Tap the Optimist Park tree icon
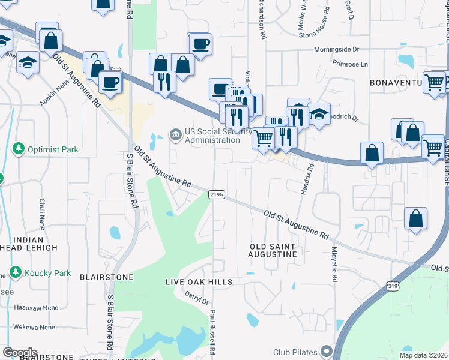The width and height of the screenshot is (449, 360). pos(19,148)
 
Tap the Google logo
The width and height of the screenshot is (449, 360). pos(20,353)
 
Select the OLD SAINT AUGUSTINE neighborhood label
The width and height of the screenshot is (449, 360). pos(273,250)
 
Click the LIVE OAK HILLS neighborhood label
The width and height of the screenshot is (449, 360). pos(190,282)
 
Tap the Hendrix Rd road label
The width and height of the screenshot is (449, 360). pos(306,179)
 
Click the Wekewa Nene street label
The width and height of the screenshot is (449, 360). pos(35,328)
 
